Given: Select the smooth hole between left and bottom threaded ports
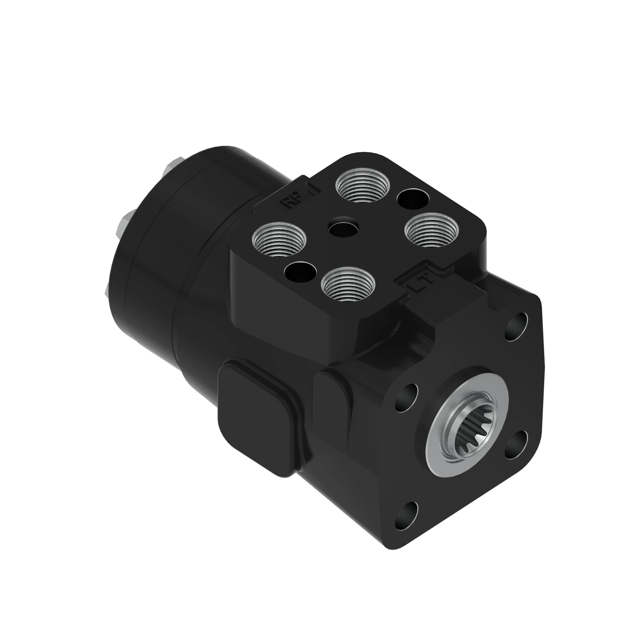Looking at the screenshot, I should click(300, 271).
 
